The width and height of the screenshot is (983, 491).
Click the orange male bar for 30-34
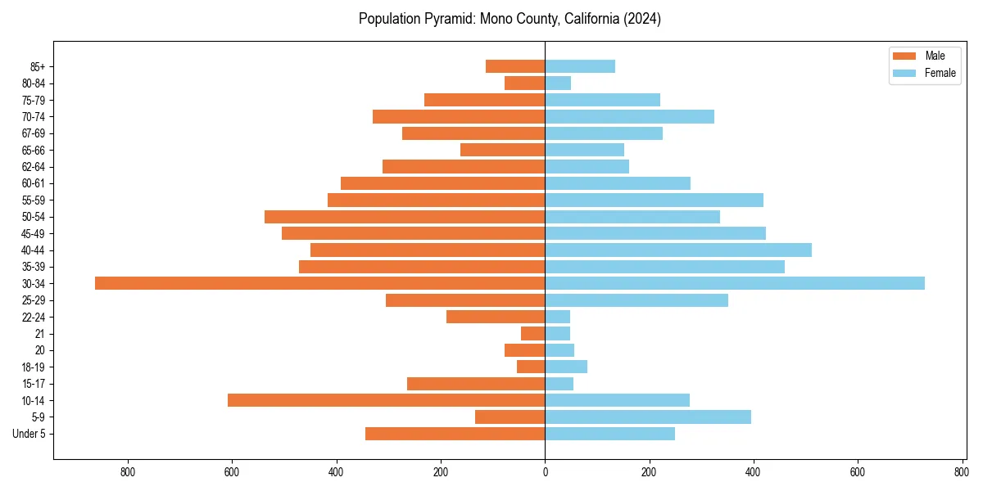point(319,283)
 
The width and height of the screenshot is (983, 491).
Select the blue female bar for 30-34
point(735,283)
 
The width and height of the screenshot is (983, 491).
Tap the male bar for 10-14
point(386,400)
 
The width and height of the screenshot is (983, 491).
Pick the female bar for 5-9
point(648,417)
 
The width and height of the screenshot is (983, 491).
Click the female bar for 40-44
point(678,250)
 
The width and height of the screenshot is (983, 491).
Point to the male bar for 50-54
point(405,217)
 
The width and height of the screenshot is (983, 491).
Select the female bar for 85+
point(580,66)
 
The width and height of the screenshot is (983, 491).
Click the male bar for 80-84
point(524,83)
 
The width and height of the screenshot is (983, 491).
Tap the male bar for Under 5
point(455,434)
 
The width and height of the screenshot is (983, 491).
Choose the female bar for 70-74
point(629,116)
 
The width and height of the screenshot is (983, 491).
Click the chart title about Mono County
point(510,19)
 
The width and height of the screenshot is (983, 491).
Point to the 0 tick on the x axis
point(545,472)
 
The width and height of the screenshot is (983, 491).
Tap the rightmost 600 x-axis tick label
point(858,472)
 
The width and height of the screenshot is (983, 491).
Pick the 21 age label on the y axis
point(40,334)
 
